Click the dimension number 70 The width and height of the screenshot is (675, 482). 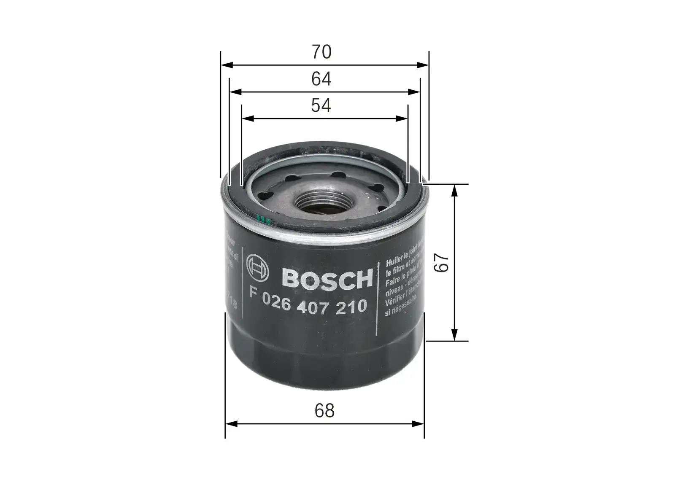click(x=321, y=52)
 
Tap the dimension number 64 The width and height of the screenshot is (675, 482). click(x=321, y=79)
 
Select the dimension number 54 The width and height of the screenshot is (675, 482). click(x=321, y=105)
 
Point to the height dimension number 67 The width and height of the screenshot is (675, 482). click(x=440, y=262)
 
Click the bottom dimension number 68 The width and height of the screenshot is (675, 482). click(x=324, y=410)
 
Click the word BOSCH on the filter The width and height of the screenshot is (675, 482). click(x=327, y=278)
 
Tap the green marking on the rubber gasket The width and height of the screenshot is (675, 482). click(x=262, y=219)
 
